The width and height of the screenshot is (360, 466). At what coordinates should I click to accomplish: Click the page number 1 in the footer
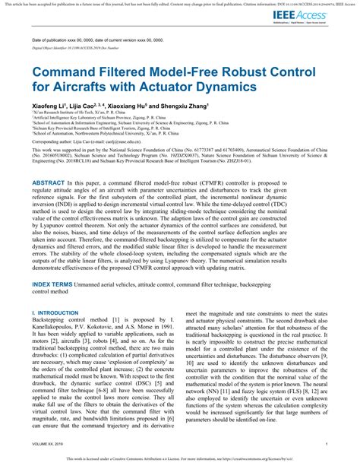pyautogui.click(x=327, y=443)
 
